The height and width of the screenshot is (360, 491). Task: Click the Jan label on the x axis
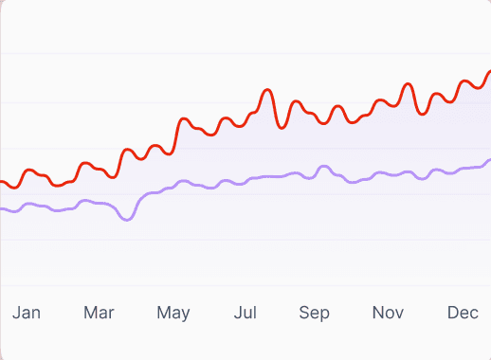point(27,313)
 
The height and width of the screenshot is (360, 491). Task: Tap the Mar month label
point(99,313)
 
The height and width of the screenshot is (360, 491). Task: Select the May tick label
point(173,313)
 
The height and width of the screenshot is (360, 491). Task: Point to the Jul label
point(245,313)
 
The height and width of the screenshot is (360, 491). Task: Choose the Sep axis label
point(314,313)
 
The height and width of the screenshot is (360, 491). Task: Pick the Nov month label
point(388,313)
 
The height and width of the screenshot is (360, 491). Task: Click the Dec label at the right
point(463,313)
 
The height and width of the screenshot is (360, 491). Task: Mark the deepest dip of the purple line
point(126,219)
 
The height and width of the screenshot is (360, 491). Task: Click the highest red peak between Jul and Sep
point(268,90)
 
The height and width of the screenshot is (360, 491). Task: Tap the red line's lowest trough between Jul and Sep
point(282,127)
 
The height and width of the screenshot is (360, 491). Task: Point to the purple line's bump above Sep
point(324,167)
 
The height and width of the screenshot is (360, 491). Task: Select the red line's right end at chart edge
point(489,71)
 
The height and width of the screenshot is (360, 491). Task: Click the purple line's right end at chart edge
point(489,161)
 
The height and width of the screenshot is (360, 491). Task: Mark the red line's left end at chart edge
point(2,181)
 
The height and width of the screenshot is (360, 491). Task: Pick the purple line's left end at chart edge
point(2,208)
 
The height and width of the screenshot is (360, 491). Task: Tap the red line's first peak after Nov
point(409,84)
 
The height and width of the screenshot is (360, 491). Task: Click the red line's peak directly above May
point(184,119)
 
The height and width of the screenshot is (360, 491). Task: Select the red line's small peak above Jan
point(30,171)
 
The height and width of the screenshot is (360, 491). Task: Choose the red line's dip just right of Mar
point(114,175)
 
